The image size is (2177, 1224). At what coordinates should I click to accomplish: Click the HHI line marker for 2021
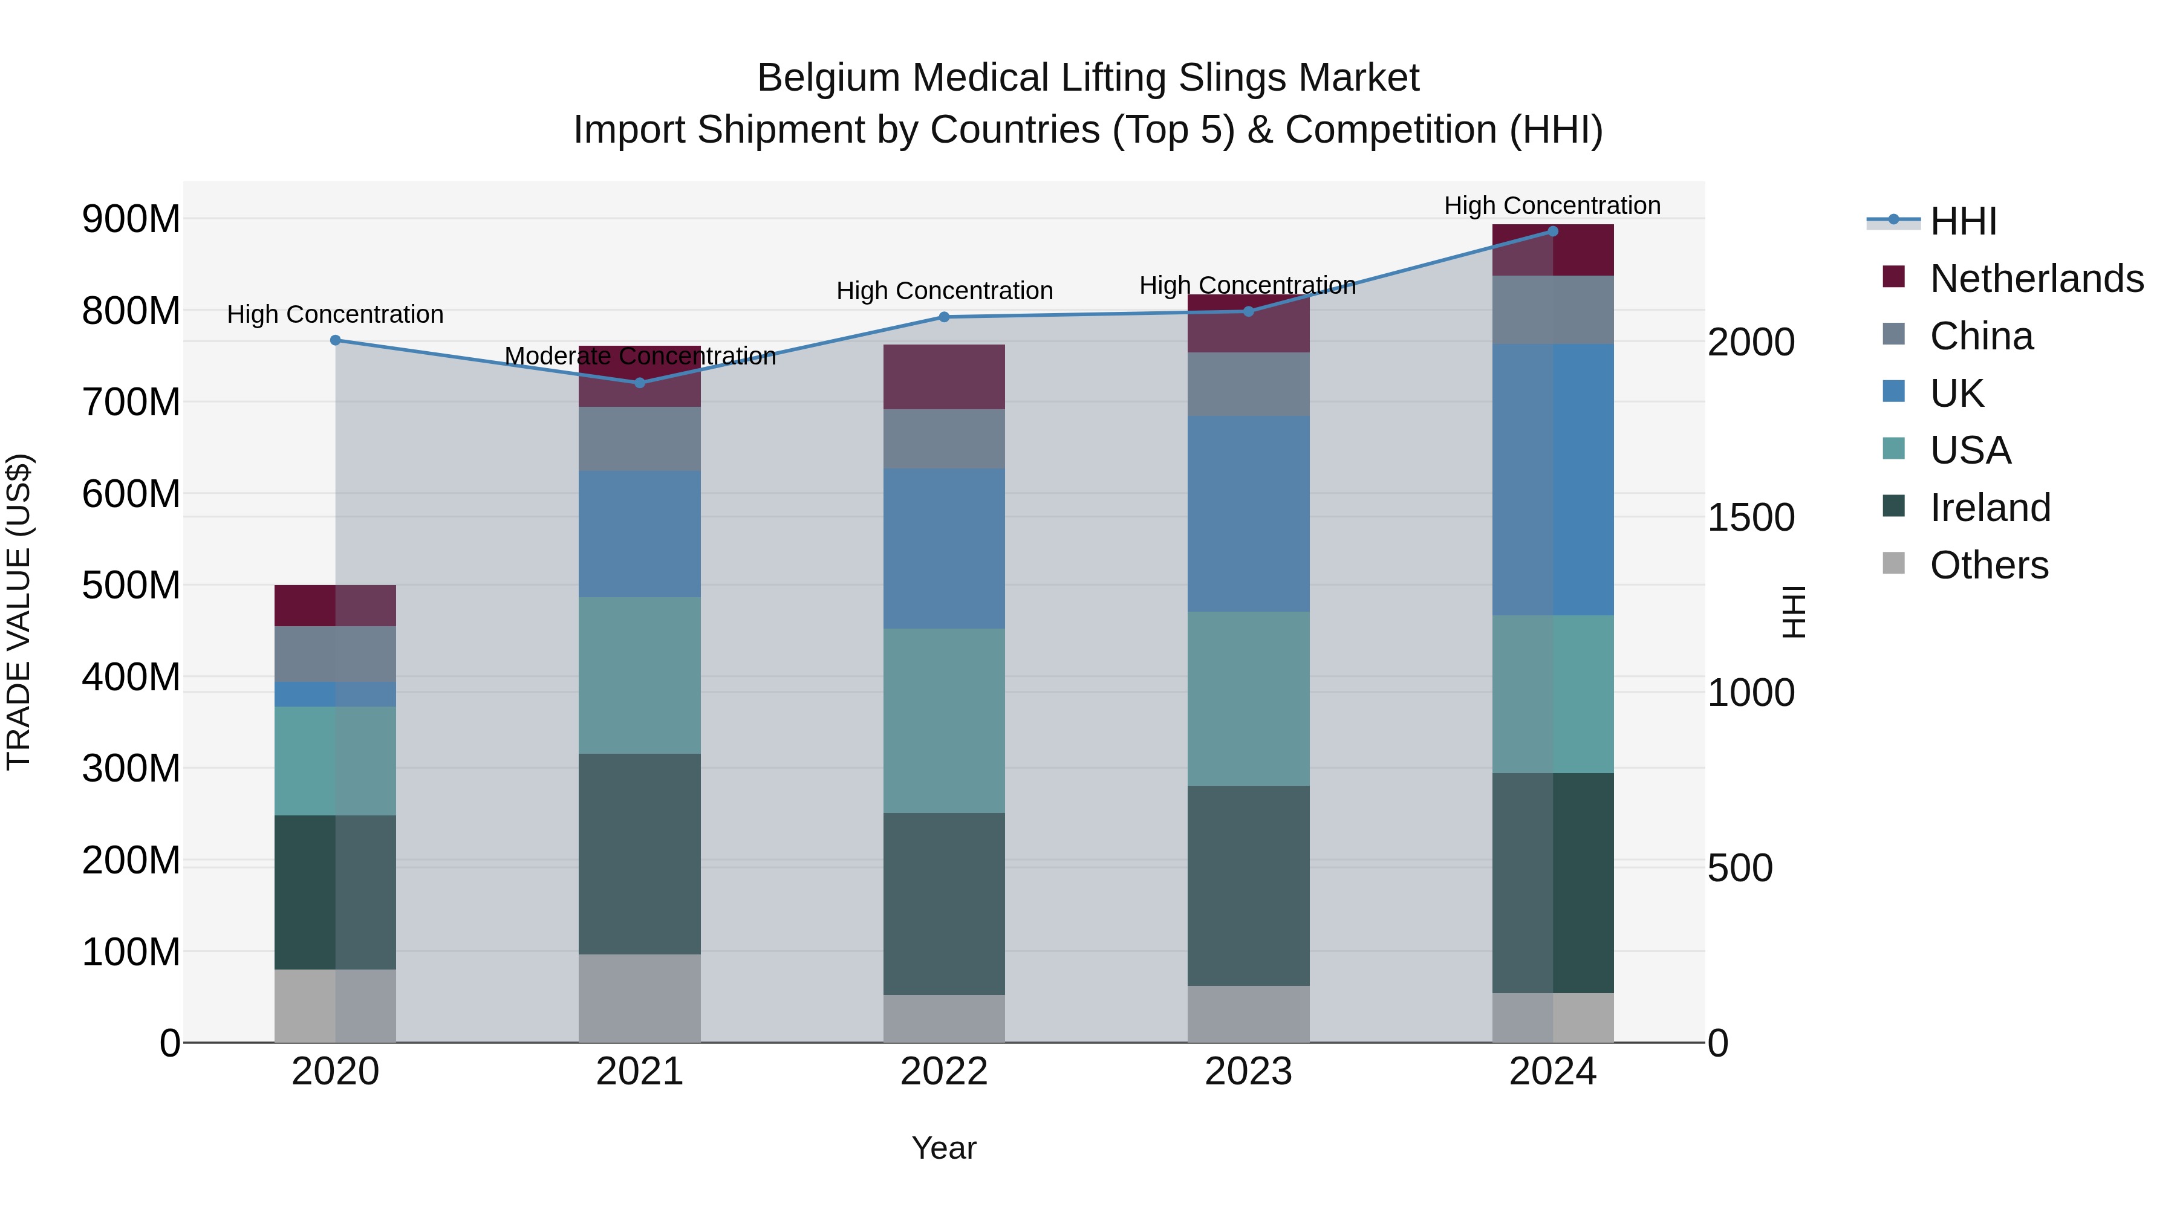click(639, 383)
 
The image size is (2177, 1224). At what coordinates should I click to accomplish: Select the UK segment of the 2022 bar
click(944, 548)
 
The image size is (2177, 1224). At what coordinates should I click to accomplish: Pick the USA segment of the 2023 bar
click(1248, 699)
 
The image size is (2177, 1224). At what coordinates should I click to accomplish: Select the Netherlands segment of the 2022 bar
click(944, 377)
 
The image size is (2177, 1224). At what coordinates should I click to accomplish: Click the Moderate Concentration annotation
click(640, 357)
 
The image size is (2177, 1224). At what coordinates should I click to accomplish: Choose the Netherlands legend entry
click(2036, 279)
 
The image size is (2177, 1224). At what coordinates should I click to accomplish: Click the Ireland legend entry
click(1990, 508)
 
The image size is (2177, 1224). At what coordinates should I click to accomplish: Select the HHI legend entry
click(1962, 221)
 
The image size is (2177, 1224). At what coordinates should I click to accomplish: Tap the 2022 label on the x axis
click(944, 1072)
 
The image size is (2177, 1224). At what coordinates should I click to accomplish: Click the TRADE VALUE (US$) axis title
click(19, 612)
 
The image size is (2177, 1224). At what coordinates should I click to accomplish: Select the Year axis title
click(944, 1148)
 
